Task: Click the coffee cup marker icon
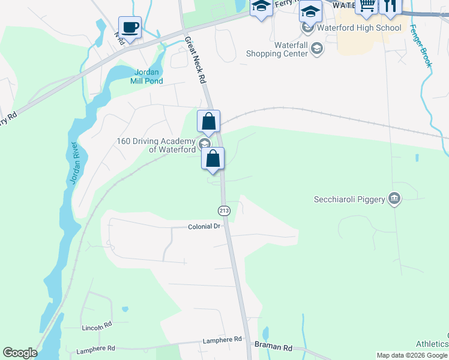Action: pyautogui.click(x=130, y=28)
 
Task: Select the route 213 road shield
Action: pyautogui.click(x=224, y=211)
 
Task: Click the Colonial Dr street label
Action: pyautogui.click(x=205, y=227)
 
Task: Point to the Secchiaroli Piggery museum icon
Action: pyautogui.click(x=394, y=199)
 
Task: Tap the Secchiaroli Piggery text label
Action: pyautogui.click(x=349, y=199)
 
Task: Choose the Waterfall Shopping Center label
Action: pyautogui.click(x=277, y=49)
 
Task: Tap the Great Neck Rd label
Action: pyautogui.click(x=196, y=61)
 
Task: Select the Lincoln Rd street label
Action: pyautogui.click(x=97, y=328)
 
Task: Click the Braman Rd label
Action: pyautogui.click(x=273, y=347)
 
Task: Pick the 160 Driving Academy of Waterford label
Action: pyautogui.click(x=156, y=145)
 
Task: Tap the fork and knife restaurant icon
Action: pyautogui.click(x=390, y=6)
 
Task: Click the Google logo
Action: pyautogui.click(x=20, y=353)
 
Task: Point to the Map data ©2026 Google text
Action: pyautogui.click(x=412, y=355)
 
